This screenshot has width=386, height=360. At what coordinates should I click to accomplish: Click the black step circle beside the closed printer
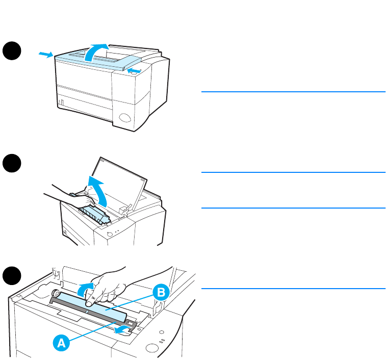pyautogui.click(x=12, y=52)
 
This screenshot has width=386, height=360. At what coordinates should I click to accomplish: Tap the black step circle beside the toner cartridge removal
pyautogui.click(x=12, y=165)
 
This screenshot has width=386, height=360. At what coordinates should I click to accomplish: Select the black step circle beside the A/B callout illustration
pyautogui.click(x=12, y=276)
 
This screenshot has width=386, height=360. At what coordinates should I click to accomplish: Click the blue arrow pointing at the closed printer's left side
pyautogui.click(x=45, y=54)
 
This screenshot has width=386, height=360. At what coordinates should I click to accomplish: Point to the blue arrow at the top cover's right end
pyautogui.click(x=134, y=70)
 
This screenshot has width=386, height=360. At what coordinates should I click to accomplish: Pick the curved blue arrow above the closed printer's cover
pyautogui.click(x=96, y=51)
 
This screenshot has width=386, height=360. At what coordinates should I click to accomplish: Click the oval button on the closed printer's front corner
pyautogui.click(x=124, y=121)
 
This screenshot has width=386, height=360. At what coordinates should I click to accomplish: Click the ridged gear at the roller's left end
pyautogui.click(x=55, y=294)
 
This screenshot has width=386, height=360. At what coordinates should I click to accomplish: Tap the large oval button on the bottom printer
pyautogui.click(x=151, y=349)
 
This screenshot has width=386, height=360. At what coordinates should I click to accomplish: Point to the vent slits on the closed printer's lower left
pyautogui.click(x=61, y=104)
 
